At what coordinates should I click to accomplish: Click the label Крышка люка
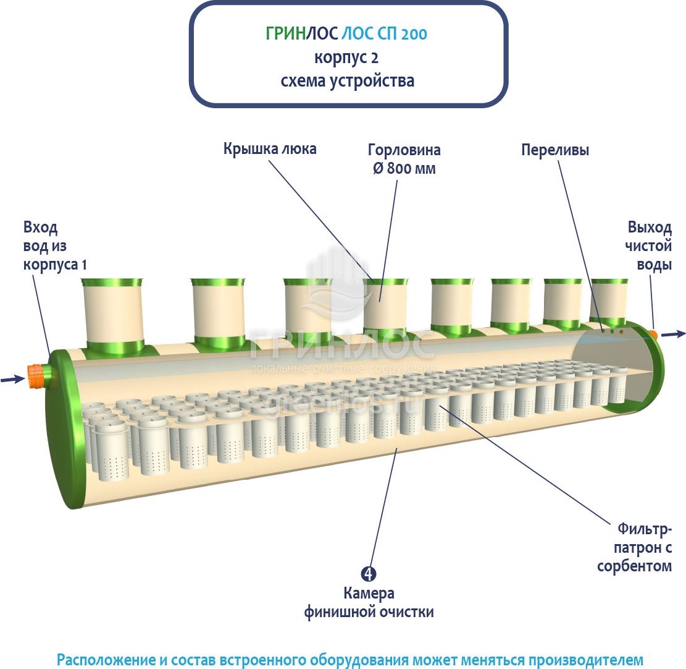(270, 150)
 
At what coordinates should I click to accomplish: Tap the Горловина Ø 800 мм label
(404, 159)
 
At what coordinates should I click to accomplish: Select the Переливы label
(554, 150)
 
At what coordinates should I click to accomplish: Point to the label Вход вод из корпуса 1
(55, 245)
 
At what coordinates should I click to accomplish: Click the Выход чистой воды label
(648, 245)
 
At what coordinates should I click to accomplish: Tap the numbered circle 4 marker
(368, 574)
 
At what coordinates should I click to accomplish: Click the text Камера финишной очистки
(369, 603)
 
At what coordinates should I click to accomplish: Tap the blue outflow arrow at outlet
(673, 334)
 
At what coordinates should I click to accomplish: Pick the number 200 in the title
(413, 35)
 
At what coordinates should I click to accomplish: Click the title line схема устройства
(347, 81)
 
